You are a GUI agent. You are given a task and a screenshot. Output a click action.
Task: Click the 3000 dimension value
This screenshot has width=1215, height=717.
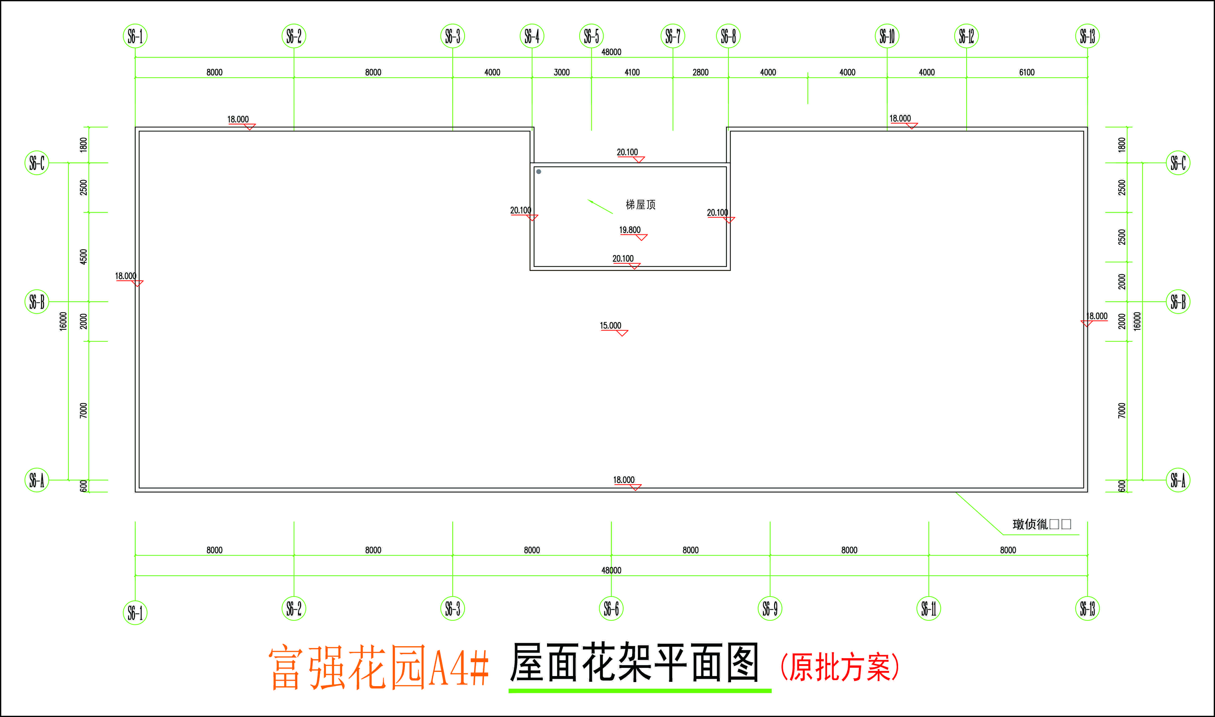pos(562,72)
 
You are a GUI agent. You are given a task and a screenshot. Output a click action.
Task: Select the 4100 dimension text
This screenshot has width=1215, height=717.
pos(632,72)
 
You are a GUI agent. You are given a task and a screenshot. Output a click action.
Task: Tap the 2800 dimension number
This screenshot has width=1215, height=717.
pos(700,72)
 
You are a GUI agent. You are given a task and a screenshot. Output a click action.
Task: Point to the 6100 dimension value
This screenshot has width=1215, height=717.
pos(1027,72)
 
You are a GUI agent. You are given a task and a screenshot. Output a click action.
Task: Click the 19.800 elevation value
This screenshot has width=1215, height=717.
pos(630,230)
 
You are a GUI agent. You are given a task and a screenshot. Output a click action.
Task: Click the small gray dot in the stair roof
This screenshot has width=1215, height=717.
pos(539,172)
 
